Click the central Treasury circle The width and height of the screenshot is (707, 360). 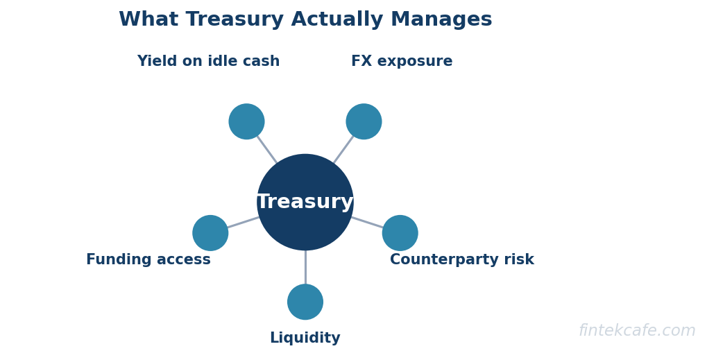click(305, 203)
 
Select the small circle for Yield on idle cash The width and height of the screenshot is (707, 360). click(246, 121)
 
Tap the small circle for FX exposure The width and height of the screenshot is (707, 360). click(364, 121)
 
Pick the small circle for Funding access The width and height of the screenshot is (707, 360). click(210, 233)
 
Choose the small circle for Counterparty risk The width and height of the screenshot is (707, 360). click(400, 233)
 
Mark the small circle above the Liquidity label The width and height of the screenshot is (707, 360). click(305, 302)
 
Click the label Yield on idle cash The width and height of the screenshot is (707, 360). click(208, 61)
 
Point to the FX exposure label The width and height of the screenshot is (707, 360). click(402, 61)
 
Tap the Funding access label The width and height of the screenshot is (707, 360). click(148, 259)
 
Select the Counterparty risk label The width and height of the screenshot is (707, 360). click(462, 259)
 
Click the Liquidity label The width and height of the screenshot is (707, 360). click(305, 338)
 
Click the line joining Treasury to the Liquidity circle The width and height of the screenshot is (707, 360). click(305, 268)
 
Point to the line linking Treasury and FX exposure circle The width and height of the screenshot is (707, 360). click(343, 149)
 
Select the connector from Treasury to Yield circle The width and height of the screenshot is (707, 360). click(267, 149)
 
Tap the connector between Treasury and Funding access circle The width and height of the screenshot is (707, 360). click(244, 223)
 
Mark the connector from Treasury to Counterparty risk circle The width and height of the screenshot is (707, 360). click(368, 223)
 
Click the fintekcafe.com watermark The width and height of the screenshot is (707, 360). click(637, 331)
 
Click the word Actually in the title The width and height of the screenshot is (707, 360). click(337, 20)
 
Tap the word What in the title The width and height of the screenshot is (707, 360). click(148, 20)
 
